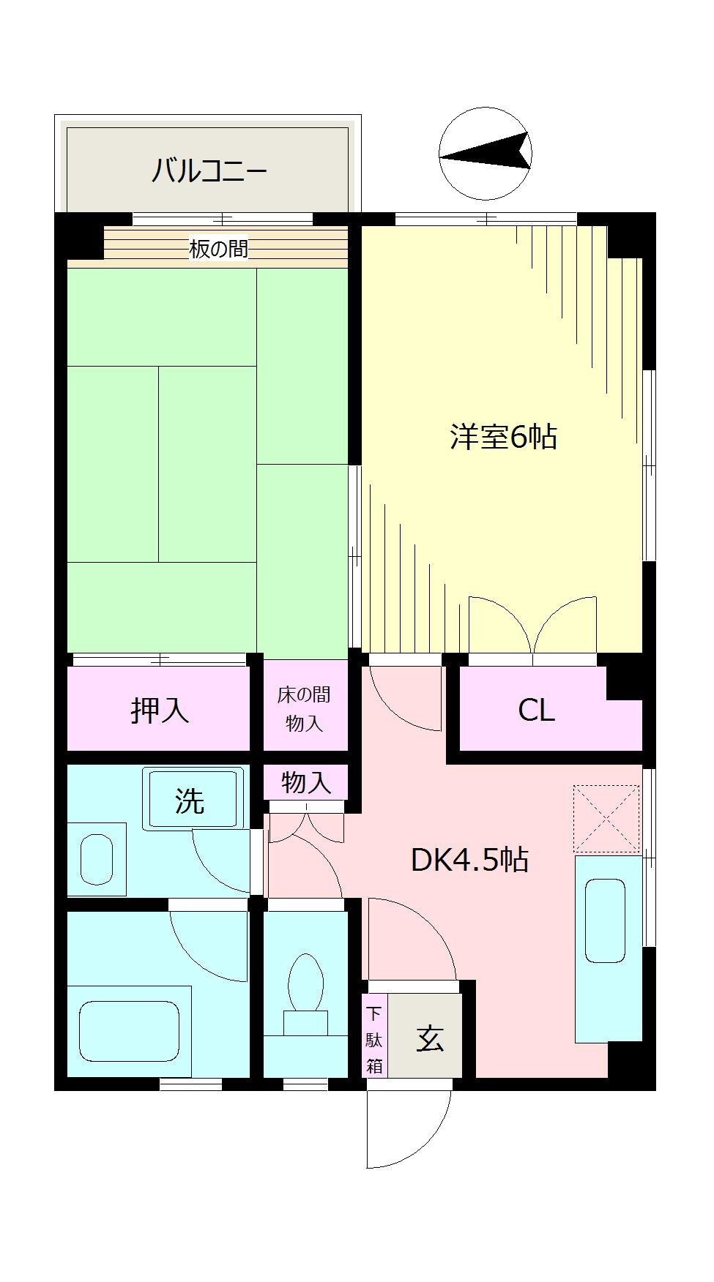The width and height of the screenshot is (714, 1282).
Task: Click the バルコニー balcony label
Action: point(209,171)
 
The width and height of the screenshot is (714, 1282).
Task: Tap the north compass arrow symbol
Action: point(485,154)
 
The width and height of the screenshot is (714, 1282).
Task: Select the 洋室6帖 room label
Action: point(503,437)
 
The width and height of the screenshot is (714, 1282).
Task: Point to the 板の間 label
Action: point(218,249)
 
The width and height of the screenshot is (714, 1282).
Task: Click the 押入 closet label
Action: point(160,709)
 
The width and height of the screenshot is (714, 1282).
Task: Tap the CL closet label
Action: point(537,710)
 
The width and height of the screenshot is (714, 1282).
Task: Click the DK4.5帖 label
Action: point(469,860)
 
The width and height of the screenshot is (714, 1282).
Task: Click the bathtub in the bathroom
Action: point(129,1032)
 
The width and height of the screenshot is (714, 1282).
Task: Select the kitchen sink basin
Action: point(605,921)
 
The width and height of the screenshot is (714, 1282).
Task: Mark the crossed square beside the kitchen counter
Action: point(606,819)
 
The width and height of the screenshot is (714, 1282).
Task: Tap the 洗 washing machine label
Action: point(189,801)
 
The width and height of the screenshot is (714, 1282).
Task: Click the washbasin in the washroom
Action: point(97,859)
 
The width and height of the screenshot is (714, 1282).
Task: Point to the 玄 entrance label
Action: point(431,1039)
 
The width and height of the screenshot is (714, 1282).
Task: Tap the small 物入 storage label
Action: point(306,782)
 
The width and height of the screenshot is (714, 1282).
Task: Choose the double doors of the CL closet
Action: point(533,626)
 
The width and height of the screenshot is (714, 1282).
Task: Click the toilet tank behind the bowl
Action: point(306,1024)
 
